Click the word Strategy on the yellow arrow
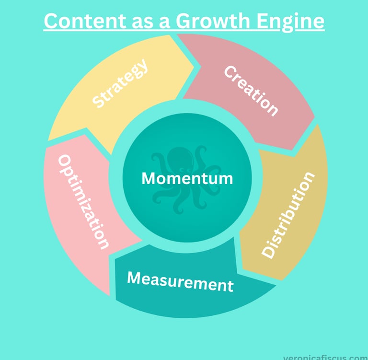120,84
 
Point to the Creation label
251,91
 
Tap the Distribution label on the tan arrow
289,214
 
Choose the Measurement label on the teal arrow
180,281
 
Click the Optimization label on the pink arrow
82,202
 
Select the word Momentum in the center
187,178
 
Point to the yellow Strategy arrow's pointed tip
194,67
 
